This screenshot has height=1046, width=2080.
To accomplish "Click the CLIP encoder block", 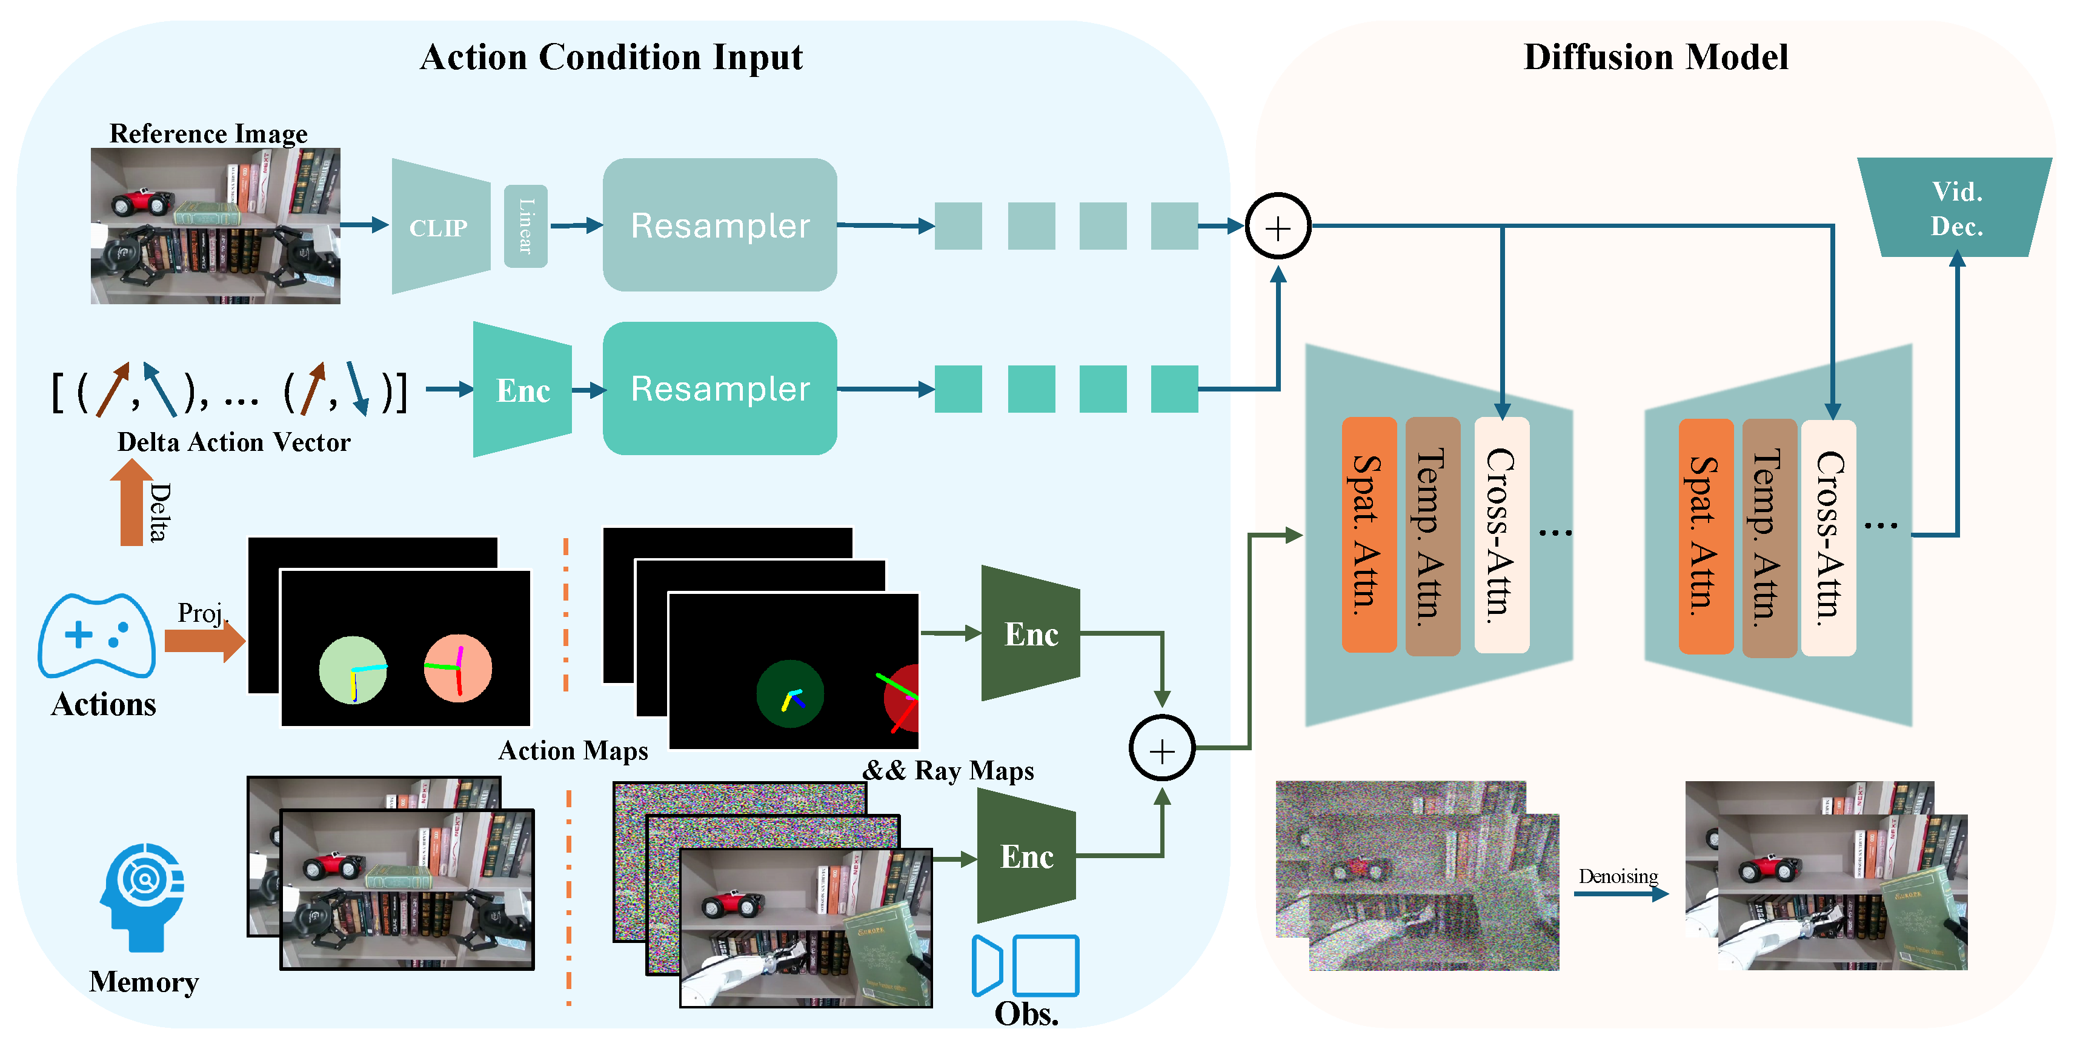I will coord(440,227).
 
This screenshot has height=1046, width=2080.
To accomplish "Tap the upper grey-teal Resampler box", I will coord(719,225).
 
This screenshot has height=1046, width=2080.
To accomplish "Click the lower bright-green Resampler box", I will coord(719,388).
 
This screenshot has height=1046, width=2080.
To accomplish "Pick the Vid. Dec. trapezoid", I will coord(1956,208).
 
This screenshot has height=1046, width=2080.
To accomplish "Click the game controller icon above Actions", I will coord(96,636).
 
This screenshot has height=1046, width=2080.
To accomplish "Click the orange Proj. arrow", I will coord(204,641).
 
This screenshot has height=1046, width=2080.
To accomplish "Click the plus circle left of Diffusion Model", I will coord(1277,227).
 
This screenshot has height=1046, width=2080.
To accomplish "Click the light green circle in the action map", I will coord(353,670).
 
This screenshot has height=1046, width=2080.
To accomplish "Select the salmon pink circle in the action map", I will coord(458,667).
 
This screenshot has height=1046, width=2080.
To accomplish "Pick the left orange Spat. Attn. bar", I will coord(1369,534).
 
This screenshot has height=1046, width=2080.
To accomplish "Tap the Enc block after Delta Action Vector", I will coord(522,390).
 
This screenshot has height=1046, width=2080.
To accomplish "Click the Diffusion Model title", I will coord(1655,58).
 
